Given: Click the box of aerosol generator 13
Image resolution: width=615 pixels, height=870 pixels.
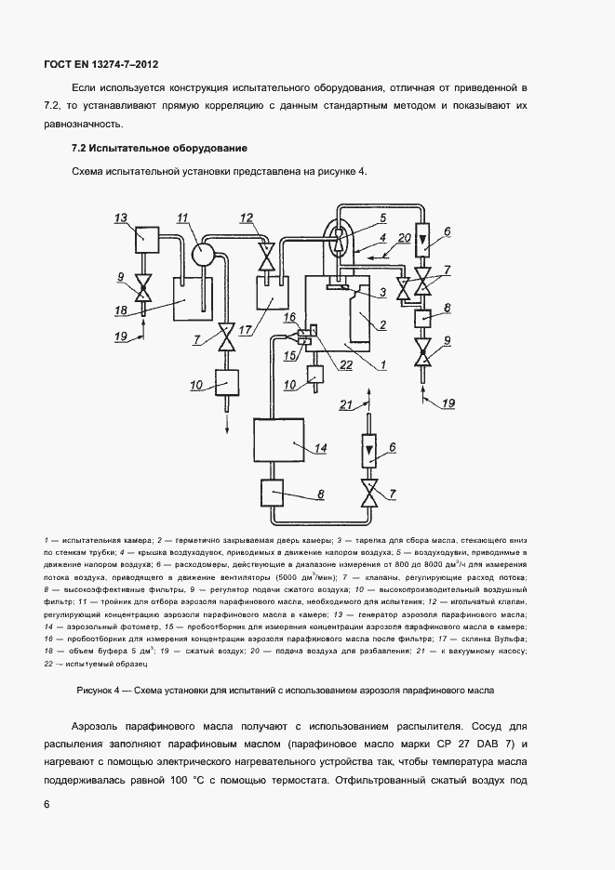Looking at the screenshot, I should coord(146,240).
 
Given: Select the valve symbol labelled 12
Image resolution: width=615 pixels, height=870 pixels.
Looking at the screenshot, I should coord(266,252).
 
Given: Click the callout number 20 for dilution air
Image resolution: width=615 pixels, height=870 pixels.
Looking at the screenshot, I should coord(404,238).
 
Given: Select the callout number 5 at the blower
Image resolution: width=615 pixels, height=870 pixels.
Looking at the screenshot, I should coord(381,218).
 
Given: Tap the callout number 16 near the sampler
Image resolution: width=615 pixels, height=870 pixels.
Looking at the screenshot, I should coord(290,317).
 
